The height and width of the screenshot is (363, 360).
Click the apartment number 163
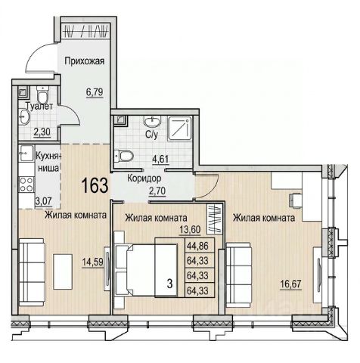(x=95, y=185)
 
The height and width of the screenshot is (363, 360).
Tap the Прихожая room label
(x=85, y=61)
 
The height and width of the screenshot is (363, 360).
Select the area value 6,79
(x=95, y=92)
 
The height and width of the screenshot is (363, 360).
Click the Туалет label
(x=39, y=106)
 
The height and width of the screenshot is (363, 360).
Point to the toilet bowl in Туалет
(x=42, y=94)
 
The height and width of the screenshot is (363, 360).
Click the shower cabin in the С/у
(x=180, y=129)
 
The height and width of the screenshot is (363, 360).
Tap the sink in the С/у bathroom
(x=152, y=122)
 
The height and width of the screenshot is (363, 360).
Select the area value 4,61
(x=160, y=160)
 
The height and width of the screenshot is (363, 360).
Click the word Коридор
(x=144, y=178)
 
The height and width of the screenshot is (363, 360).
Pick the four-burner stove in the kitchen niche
(x=26, y=185)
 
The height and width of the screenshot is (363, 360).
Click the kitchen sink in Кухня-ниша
(x=26, y=154)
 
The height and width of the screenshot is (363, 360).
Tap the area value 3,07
(x=44, y=202)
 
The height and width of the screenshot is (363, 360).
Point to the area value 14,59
(x=92, y=262)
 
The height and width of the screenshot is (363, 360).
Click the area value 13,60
(x=190, y=230)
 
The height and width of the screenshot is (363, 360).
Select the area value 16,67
(x=291, y=284)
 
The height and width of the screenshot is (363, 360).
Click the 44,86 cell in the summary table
(x=200, y=246)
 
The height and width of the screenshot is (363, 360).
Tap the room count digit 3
(x=170, y=284)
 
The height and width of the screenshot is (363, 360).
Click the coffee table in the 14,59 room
(x=63, y=271)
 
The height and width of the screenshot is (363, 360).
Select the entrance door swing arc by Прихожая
(x=39, y=58)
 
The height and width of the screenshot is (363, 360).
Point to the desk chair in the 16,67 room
(x=295, y=200)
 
